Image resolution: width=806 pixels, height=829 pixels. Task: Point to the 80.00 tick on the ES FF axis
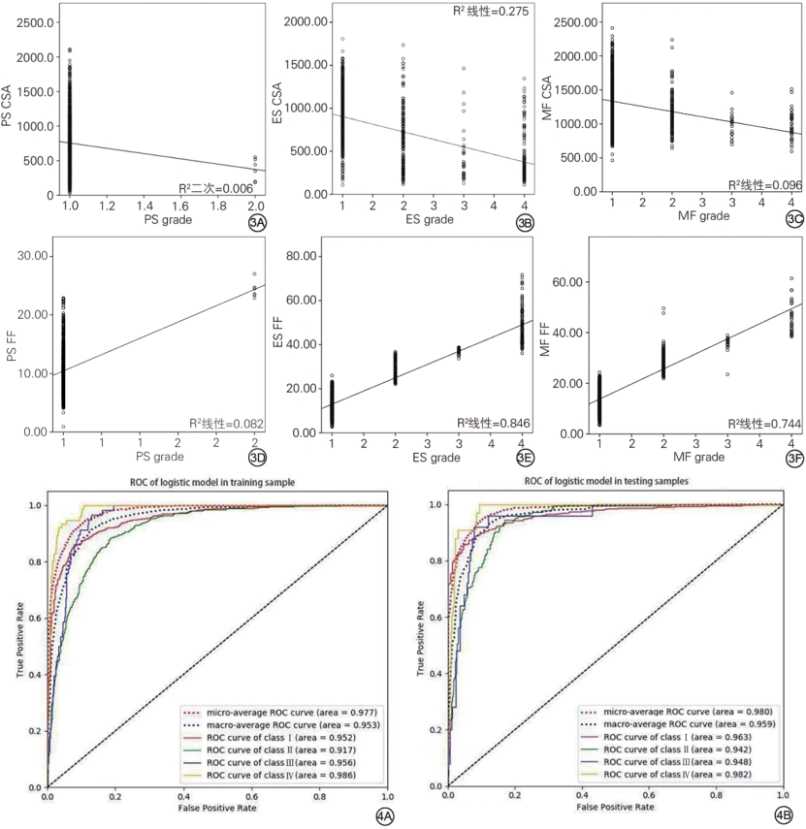(x=303, y=258)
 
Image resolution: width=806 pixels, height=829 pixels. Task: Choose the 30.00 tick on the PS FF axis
(x=34, y=255)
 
